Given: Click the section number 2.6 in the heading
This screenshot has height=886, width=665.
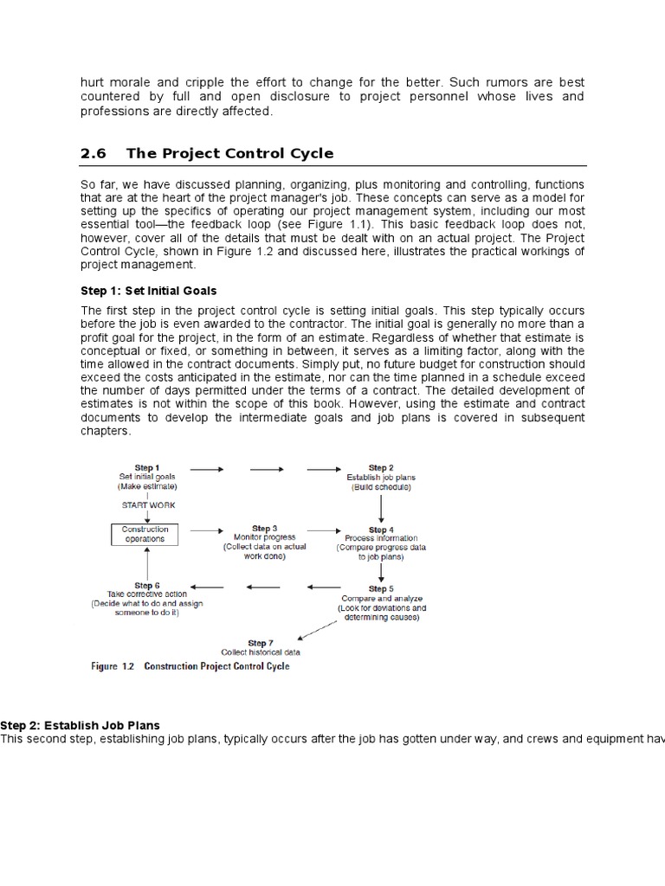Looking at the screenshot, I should click(x=93, y=154).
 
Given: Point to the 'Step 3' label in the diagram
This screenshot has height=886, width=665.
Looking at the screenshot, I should click(x=264, y=528).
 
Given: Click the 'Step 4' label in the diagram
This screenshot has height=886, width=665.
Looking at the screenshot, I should click(x=378, y=530).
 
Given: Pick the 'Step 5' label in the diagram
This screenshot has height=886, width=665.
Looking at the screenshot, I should click(x=381, y=588).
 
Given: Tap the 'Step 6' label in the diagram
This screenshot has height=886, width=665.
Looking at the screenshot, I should click(x=146, y=586).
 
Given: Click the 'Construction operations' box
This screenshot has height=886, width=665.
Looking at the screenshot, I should click(x=145, y=534).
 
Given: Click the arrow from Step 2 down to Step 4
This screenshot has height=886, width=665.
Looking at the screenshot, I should click(x=381, y=507).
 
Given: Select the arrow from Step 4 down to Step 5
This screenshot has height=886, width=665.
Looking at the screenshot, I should click(x=381, y=571).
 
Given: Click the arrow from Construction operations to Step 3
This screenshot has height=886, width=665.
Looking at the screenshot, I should click(x=206, y=530).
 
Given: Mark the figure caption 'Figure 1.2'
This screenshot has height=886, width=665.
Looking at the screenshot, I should click(x=114, y=667).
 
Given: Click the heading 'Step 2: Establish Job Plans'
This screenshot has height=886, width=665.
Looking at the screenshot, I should click(x=80, y=725).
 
